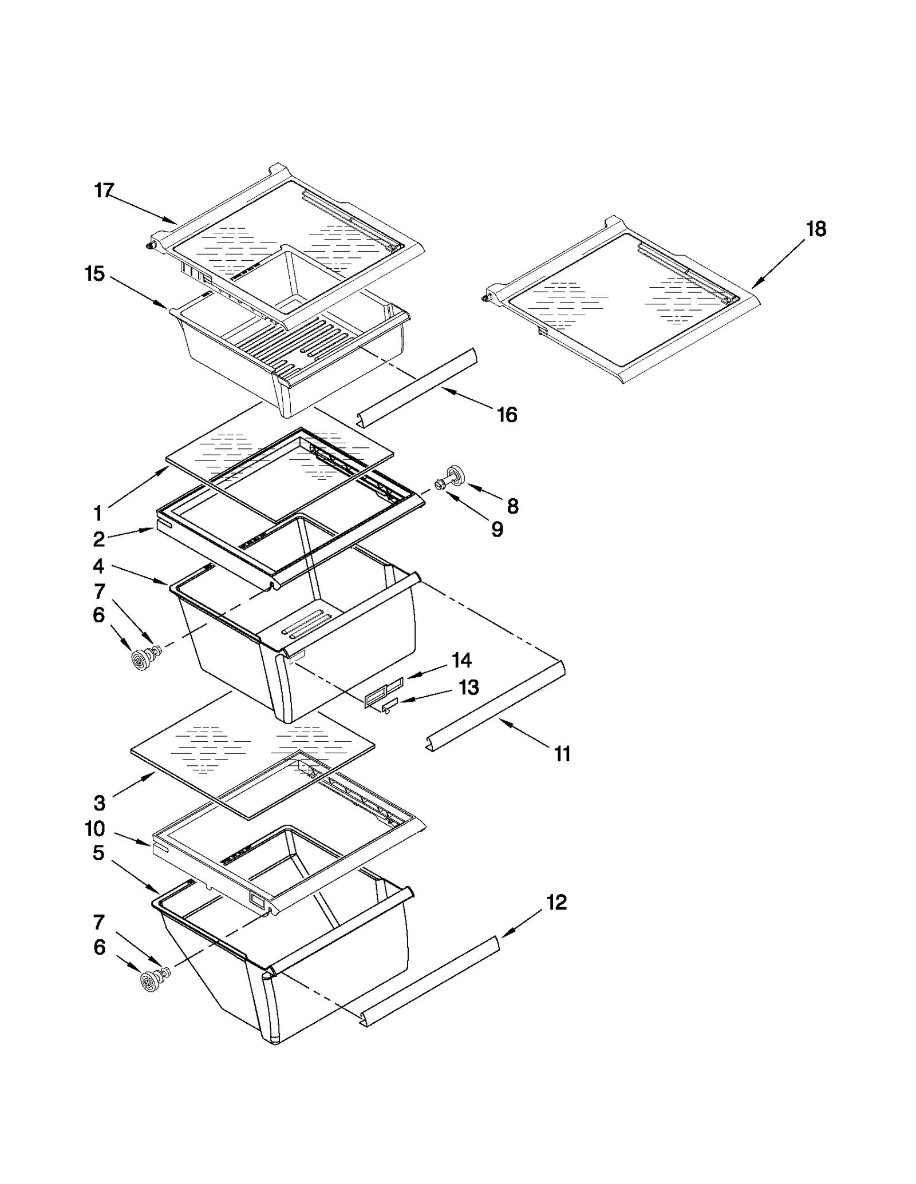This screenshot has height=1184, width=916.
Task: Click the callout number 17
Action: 104,190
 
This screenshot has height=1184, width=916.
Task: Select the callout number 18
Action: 816,229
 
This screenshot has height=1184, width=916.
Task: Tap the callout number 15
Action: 95,274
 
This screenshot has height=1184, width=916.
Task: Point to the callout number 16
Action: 507,415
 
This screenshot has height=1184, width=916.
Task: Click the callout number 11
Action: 562,754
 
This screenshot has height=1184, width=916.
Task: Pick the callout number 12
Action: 556,903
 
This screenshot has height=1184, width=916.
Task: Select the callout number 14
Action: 461,661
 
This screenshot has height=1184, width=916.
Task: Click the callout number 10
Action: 95,829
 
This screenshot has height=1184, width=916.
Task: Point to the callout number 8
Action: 512,506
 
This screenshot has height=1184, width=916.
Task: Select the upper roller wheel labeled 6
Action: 140,659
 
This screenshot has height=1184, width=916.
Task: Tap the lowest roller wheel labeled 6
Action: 150,982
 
